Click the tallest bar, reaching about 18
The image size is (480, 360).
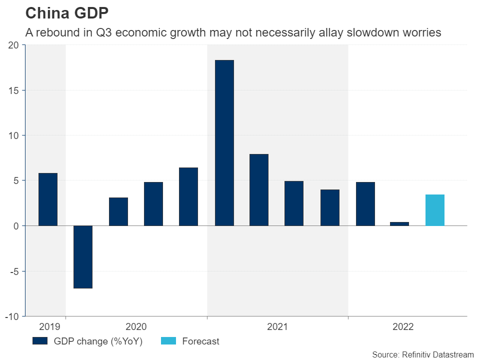coord(224,142)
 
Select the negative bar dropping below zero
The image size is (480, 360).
coord(83,256)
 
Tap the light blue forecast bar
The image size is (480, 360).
coord(434,210)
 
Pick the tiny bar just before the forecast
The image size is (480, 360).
coord(399,223)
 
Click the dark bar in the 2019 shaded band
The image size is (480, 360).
coord(48,199)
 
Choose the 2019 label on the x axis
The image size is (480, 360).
coord(49,327)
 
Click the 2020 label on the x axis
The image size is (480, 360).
coord(136,327)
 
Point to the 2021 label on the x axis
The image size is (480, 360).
coord(277,327)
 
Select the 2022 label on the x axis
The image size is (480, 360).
coord(403,327)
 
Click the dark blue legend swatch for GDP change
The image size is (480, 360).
coord(39,341)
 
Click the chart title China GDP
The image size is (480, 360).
coord(66,13)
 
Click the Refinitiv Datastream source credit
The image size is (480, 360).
coord(422,354)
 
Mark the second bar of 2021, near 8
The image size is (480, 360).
coord(259,189)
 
